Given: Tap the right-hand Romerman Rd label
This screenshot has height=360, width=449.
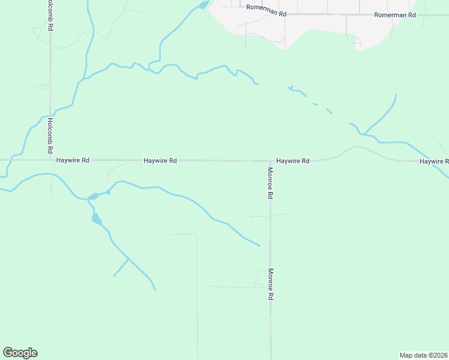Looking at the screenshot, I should point(394,14).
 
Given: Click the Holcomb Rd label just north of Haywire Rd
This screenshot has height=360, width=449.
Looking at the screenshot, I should point(50,134).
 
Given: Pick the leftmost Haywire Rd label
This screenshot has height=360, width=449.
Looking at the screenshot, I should point(73,161).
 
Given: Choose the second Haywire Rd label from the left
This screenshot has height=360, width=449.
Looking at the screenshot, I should point(160,161).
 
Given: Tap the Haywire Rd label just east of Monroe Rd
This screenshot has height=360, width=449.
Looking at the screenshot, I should point(292,161).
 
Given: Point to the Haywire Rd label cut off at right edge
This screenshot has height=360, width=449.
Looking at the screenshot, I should point(434,161).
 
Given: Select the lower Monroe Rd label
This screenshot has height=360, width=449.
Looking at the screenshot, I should point(271,284).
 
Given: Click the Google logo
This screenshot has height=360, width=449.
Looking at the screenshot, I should point(20,353).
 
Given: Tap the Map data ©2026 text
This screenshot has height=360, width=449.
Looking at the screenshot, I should point(423,355).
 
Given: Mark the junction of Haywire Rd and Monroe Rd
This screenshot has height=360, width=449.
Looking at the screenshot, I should point(270,161).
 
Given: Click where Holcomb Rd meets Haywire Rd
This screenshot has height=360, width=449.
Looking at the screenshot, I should point(50,160).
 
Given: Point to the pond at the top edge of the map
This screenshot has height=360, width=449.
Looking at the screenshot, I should point(203,5).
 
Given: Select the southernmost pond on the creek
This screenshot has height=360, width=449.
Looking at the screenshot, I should point(97,219).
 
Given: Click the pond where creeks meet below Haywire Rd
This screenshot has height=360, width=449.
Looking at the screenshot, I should point(93,196).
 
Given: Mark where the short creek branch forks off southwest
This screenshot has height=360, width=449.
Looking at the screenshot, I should point(128,259).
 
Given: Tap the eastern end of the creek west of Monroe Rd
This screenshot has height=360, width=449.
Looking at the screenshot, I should point(259,245).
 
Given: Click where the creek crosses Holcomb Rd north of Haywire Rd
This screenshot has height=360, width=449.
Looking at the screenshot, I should point(50,115).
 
